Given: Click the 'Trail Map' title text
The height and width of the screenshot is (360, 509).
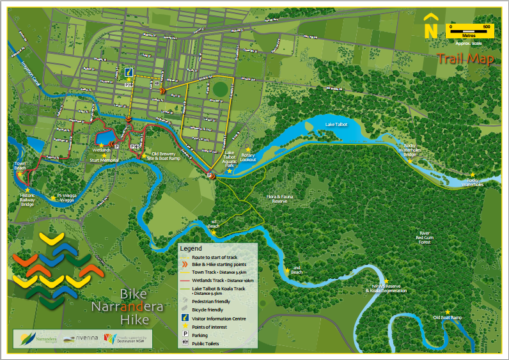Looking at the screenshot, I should [x=466, y=59].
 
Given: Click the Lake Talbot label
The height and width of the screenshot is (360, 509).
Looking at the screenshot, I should [x=336, y=124].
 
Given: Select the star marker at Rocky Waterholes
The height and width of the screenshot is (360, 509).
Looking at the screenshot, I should [x=473, y=175].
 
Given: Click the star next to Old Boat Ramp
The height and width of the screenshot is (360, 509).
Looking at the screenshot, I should [x=448, y=311].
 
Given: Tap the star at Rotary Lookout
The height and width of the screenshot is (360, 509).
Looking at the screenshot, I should [x=248, y=149].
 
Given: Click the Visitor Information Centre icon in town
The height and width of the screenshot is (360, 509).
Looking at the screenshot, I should [x=129, y=72].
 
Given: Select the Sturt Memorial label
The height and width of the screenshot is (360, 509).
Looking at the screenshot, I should [x=104, y=160].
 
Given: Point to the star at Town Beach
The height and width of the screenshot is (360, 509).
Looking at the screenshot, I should [x=20, y=173].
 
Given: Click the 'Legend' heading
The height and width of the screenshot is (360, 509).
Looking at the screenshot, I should [x=191, y=248].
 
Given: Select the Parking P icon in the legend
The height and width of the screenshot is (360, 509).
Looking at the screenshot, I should [x=185, y=334].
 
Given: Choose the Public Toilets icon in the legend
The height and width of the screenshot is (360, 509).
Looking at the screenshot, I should [x=185, y=343].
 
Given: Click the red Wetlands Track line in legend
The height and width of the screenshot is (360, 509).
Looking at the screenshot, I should [x=185, y=279].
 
